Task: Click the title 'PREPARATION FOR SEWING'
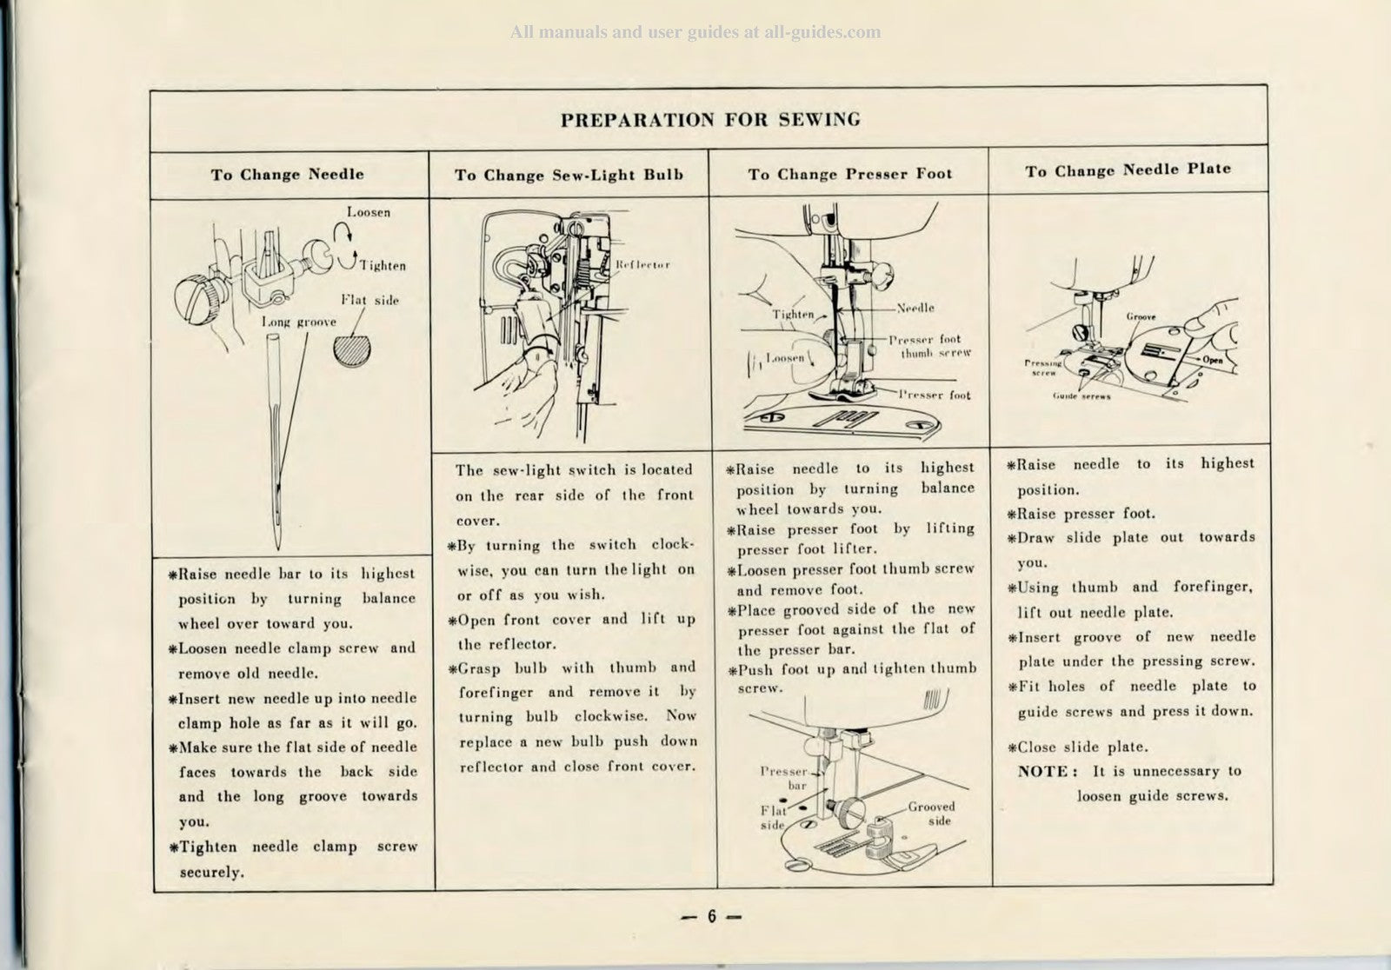710,120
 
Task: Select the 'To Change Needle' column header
287,175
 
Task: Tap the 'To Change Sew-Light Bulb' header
569,176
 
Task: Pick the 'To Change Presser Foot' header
849,175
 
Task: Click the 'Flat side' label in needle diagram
369,301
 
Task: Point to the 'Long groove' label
299,322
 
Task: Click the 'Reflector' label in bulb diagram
642,264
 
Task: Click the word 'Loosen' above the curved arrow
369,212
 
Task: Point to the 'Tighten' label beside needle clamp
383,266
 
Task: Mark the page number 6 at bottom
710,916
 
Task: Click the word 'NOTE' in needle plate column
1044,771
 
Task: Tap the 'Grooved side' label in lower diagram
931,814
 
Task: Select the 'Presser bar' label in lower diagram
784,778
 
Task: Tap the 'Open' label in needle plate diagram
1213,360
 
